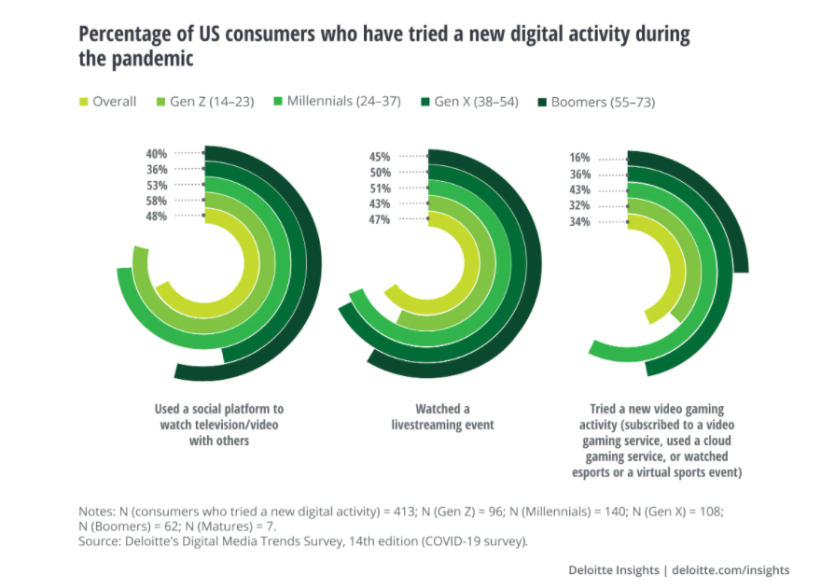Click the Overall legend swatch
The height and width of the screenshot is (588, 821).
tap(84, 102)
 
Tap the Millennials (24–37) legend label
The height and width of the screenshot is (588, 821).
tap(345, 102)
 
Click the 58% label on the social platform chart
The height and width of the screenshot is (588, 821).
tap(156, 201)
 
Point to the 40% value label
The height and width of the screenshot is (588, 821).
tap(156, 153)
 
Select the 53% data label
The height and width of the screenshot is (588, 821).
tap(156, 185)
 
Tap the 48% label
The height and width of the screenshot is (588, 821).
tap(156, 217)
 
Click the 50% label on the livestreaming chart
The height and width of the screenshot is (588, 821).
tap(381, 173)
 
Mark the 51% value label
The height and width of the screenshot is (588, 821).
tap(381, 189)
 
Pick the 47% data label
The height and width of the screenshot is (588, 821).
tap(381, 219)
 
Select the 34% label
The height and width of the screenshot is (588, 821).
tap(580, 222)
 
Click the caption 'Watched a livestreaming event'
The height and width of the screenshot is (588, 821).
tap(442, 417)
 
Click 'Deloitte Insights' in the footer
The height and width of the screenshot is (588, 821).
tap(611, 569)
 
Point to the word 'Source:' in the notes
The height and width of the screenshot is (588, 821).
tap(97, 541)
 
